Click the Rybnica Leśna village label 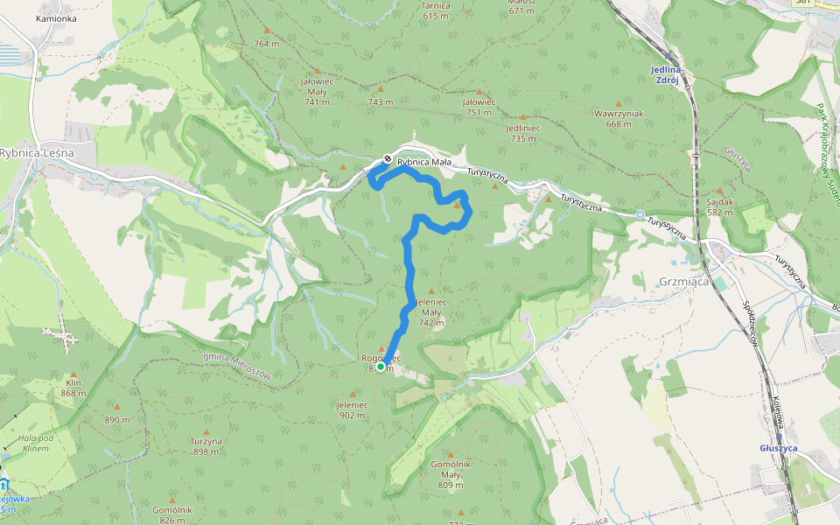37,152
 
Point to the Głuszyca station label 779,447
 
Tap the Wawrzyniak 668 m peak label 619,118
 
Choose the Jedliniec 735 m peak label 522,132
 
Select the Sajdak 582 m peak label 719,206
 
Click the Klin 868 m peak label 73,388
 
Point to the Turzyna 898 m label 206,446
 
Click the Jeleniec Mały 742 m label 431,311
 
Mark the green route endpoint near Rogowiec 381,367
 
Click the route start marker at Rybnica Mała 387,159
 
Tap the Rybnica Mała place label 423,162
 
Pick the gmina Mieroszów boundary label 237,365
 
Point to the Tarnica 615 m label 436,10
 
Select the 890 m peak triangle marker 117,407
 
